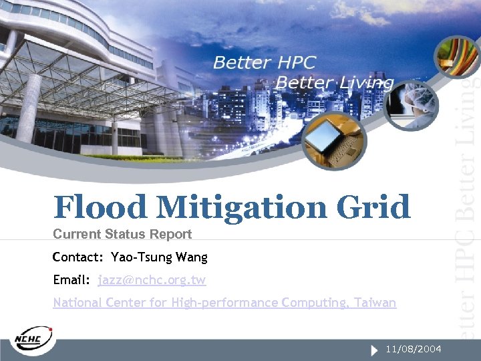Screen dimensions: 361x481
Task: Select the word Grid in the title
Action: click(375, 207)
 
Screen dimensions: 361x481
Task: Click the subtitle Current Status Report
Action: click(122, 234)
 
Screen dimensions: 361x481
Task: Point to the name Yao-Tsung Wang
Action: click(159, 257)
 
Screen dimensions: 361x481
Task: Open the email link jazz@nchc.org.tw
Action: click(152, 280)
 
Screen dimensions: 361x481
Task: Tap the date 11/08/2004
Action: click(413, 349)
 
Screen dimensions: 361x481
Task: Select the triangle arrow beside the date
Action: click(373, 350)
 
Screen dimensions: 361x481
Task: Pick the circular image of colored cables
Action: click(456, 57)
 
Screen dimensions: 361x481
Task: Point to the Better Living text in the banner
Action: click(335, 83)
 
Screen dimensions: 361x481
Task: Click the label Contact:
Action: click(78, 257)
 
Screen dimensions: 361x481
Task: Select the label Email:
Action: click(71, 280)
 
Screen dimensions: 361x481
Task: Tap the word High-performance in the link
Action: click(224, 303)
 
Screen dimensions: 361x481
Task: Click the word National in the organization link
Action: click(76, 303)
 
